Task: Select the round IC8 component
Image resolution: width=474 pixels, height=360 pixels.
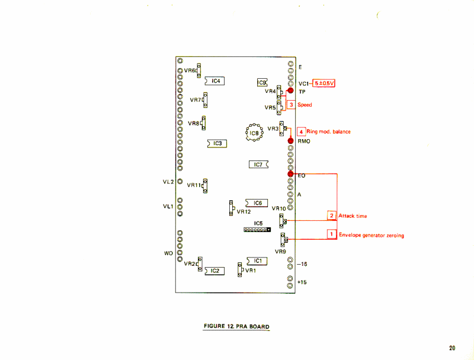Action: (254, 133)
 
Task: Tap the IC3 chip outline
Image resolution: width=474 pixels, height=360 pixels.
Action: (217, 143)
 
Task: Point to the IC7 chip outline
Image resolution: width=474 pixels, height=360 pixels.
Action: (258, 164)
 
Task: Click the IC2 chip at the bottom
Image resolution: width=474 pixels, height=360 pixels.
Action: (214, 271)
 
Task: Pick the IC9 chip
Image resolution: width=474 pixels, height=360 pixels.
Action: (262, 83)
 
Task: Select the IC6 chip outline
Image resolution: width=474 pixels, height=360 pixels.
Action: (257, 203)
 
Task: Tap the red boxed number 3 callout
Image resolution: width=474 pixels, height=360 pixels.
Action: (291, 105)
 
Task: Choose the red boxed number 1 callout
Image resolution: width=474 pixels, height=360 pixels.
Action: (332, 234)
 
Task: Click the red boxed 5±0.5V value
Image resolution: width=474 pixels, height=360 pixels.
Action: (324, 83)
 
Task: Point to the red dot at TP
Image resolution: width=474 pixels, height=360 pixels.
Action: (291, 91)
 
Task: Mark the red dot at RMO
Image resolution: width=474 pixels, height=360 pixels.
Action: (291, 141)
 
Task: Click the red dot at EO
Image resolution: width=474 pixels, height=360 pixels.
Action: (291, 174)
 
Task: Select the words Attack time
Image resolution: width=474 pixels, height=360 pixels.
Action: (353, 216)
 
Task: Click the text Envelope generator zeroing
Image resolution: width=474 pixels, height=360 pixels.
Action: (371, 235)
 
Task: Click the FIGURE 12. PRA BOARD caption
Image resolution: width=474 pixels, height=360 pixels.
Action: (236, 326)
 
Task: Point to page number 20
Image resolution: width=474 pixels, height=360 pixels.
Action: (453, 348)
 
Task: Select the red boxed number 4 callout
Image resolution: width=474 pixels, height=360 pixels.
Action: (301, 131)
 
